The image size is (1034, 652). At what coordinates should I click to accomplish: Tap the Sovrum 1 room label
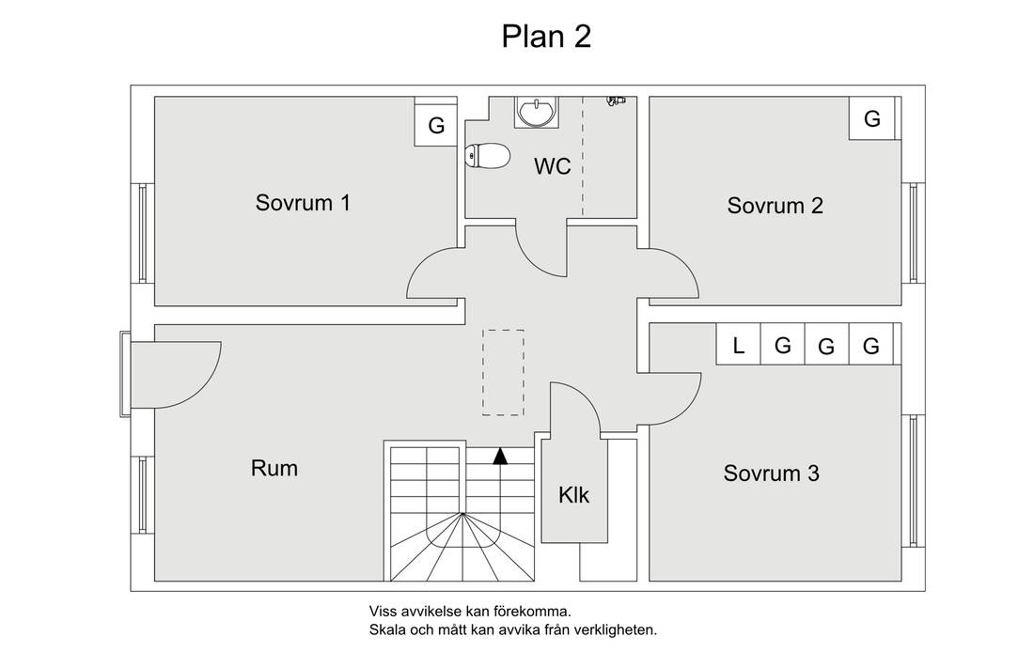303,202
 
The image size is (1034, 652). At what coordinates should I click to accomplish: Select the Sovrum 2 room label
775,206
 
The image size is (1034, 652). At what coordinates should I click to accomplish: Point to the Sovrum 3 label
771,473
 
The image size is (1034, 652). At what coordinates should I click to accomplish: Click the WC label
552,167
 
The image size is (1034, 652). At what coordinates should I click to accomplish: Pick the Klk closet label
573,494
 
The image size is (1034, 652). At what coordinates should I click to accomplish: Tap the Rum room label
274,467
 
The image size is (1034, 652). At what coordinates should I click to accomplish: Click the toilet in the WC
487,155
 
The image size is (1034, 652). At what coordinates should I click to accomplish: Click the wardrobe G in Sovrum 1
436,126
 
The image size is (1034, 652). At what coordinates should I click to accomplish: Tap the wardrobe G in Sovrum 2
871,119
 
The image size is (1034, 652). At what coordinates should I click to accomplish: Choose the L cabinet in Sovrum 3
739,346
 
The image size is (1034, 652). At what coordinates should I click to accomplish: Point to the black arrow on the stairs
500,456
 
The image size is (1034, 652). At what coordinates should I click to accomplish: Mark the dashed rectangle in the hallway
503,372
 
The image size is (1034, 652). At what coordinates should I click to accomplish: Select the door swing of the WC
540,249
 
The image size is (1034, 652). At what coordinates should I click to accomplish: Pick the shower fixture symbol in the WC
616,100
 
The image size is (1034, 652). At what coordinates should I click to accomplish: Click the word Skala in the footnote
386,629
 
